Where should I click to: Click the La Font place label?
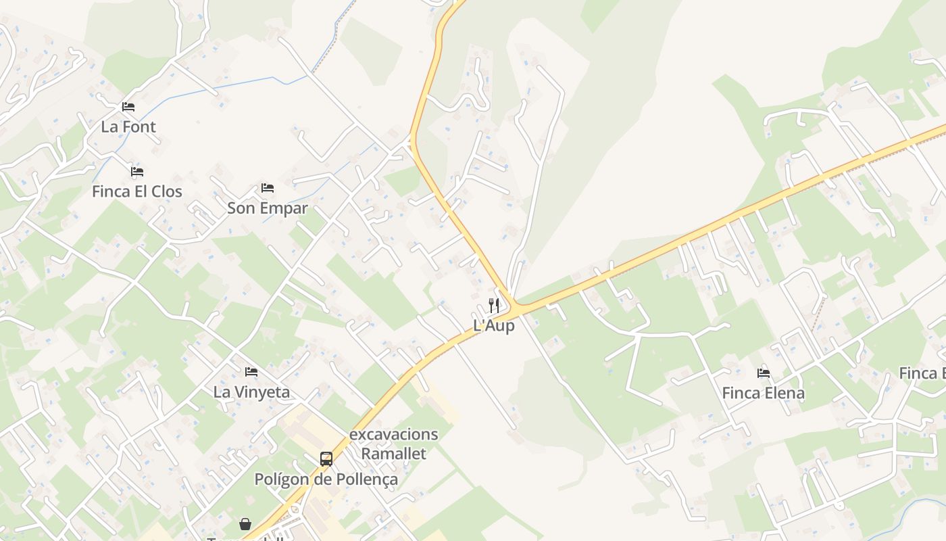128,126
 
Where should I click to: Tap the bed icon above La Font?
128,107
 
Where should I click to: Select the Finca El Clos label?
137,191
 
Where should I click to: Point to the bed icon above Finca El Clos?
137,172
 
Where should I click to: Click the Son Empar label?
268,208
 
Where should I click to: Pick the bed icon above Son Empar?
268,188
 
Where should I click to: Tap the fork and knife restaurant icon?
494,306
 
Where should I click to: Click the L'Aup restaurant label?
494,325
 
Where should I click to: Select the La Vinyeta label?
251,392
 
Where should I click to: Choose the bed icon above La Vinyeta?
251,372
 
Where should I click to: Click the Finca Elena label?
764,393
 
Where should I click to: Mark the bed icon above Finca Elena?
764,373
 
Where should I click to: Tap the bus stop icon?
326,459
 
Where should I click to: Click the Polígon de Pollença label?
326,479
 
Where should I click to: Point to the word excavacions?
393,434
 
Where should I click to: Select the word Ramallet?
393,453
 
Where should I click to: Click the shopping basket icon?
245,524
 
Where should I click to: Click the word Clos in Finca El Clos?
166,191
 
